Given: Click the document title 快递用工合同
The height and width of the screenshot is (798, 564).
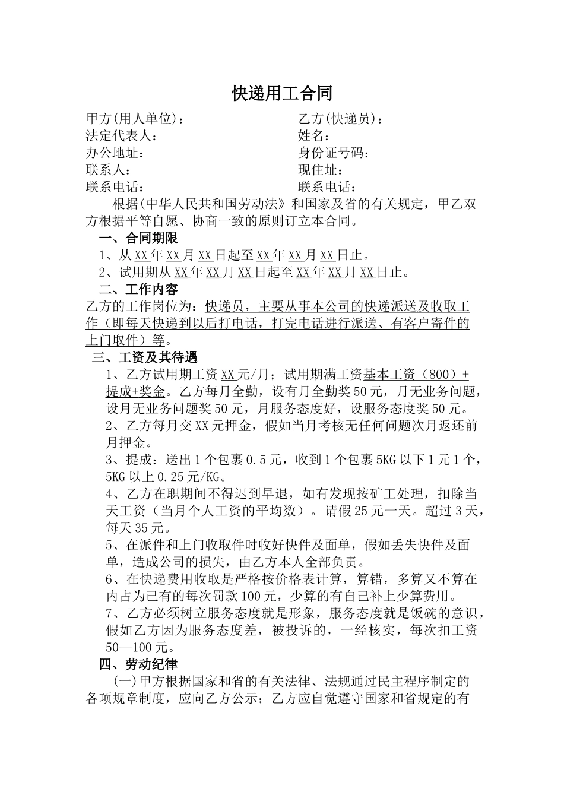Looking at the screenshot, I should (281, 93).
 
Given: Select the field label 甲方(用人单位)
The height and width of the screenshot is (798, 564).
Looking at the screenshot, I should (132, 119).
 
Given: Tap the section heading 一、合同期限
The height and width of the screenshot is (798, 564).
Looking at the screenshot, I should (138, 239).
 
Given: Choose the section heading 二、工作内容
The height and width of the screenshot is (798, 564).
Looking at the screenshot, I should (138, 290).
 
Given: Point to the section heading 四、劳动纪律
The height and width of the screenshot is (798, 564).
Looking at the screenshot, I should (138, 664).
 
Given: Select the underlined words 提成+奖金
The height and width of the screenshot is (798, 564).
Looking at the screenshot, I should (135, 392).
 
